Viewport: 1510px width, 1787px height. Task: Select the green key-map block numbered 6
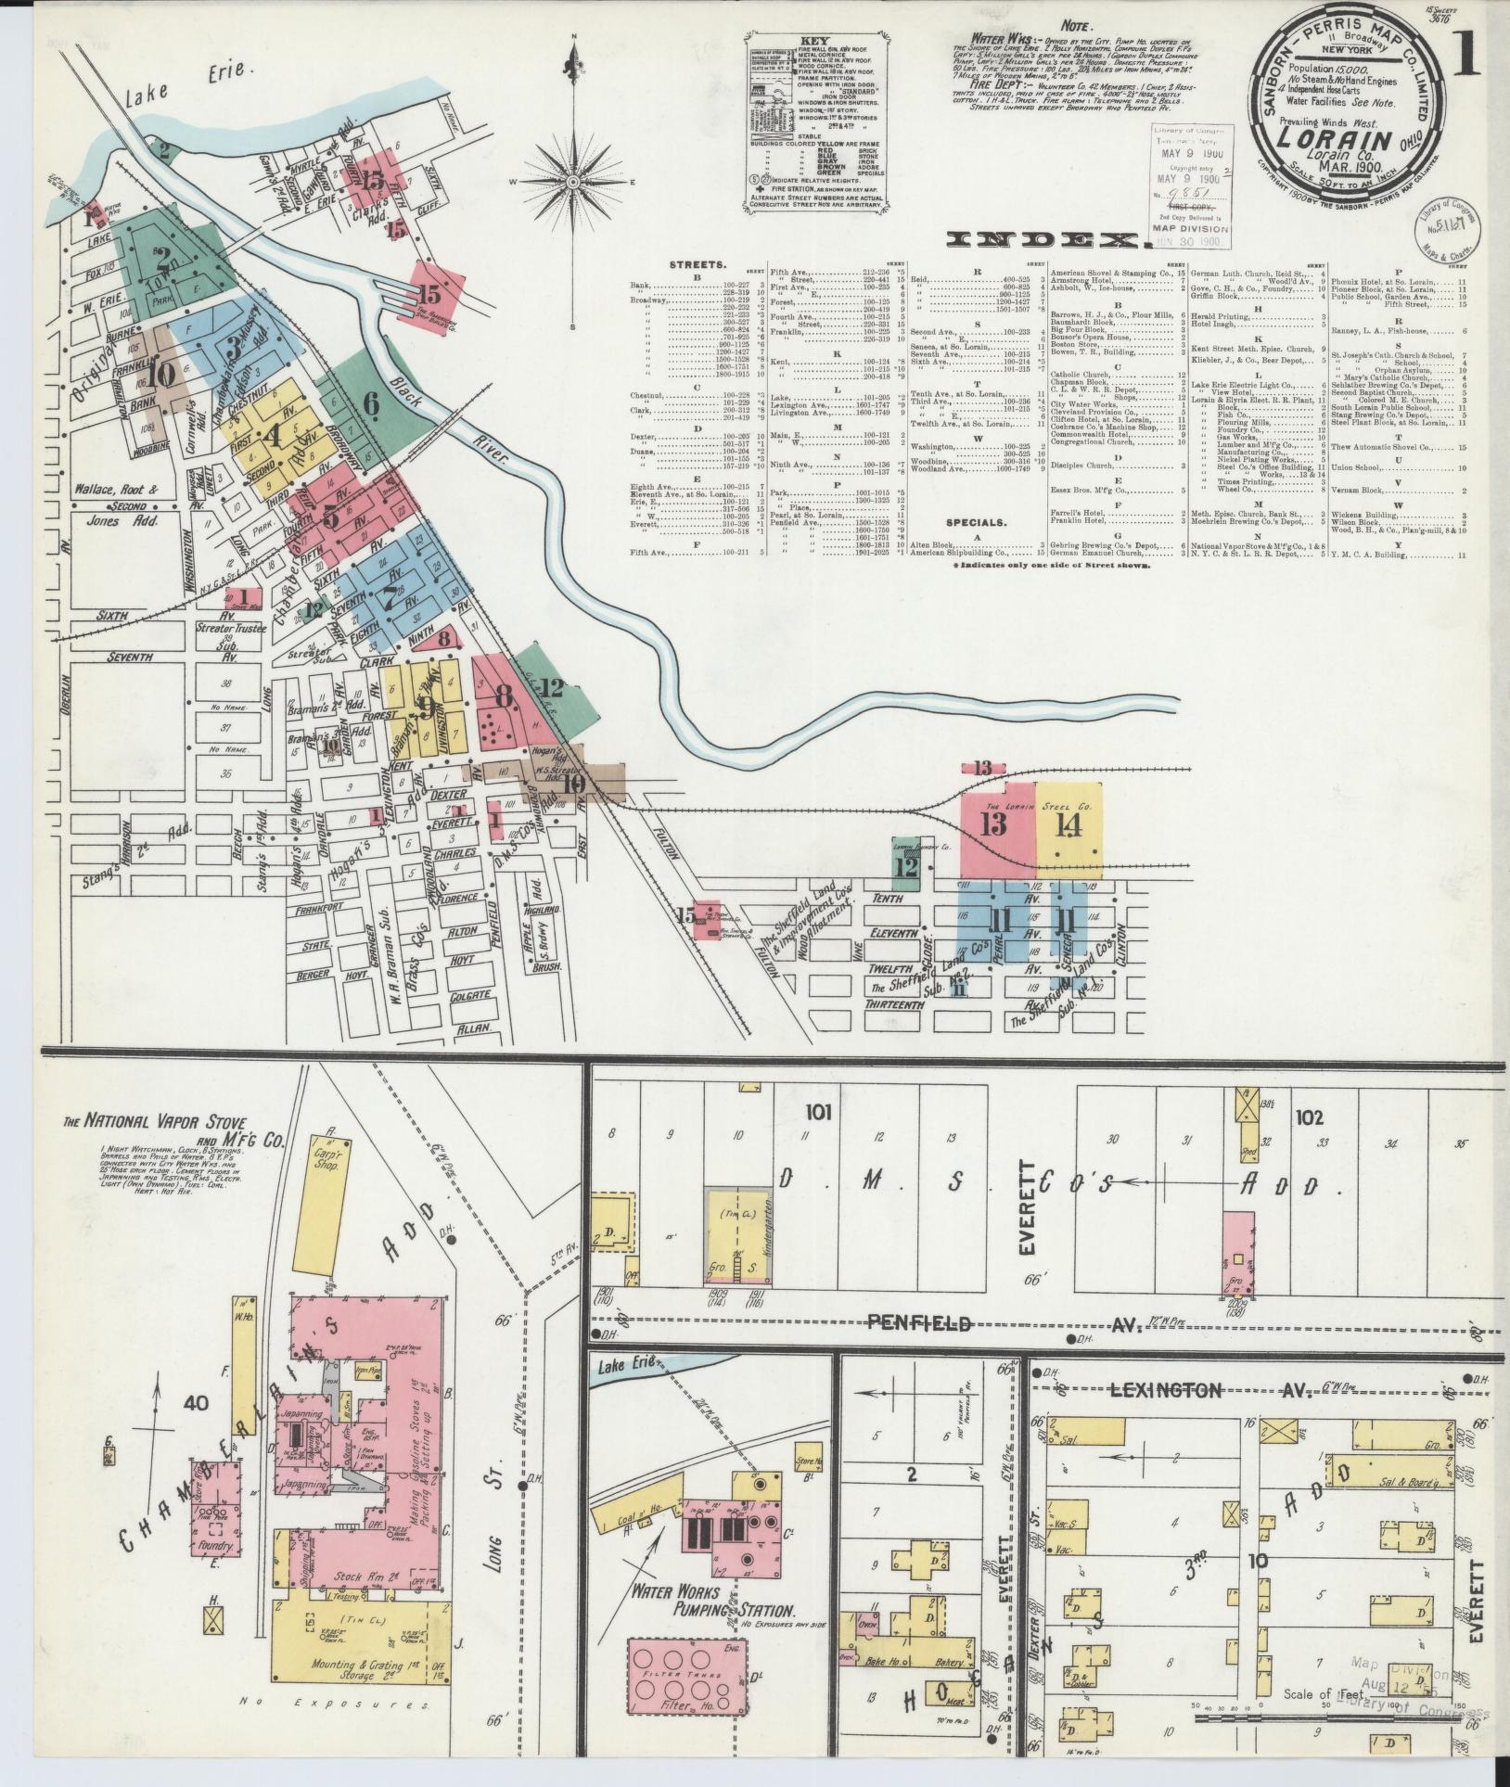click(x=371, y=403)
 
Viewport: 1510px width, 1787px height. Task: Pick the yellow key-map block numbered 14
click(x=1069, y=823)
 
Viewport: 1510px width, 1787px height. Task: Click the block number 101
click(x=822, y=1112)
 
